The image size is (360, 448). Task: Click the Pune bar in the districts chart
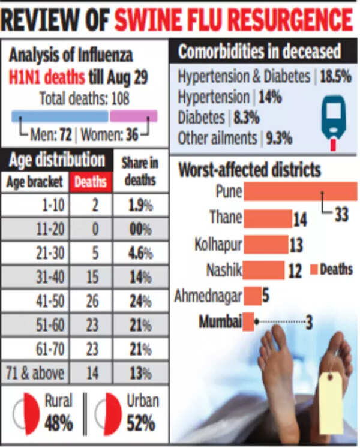pos(300,192)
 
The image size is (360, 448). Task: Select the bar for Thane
pos(268,219)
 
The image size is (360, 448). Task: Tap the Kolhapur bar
pos(266,245)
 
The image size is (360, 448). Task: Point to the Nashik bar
pos(264,270)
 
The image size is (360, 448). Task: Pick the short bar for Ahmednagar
pos(253,296)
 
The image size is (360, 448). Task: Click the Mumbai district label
pos(220,322)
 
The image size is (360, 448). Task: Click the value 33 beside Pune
pos(341,214)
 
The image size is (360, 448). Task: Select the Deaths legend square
pos(313,270)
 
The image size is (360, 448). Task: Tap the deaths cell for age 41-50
pos(92,300)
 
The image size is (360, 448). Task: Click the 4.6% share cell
pos(140,253)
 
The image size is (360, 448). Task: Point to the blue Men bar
pos(59,116)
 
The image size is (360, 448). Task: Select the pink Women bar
pos(133,116)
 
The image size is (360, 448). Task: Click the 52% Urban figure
pos(140,423)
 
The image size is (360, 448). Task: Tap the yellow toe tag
pos(331,402)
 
